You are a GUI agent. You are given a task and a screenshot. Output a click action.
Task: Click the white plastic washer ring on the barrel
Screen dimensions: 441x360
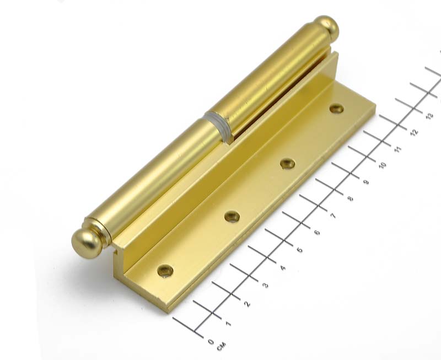click(218, 127)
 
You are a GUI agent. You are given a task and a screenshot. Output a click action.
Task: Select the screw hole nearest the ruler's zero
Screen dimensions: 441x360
click(165, 271)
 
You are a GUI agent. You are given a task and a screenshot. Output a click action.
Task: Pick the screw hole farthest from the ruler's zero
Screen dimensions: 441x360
click(336, 109)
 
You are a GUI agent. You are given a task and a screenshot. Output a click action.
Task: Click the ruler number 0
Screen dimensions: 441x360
click(211, 342)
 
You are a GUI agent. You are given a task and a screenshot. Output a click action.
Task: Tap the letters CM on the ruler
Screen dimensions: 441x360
click(221, 347)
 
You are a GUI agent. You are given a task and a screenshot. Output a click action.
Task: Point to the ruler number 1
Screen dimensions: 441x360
click(228, 324)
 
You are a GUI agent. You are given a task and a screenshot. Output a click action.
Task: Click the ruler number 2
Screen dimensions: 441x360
click(247, 304)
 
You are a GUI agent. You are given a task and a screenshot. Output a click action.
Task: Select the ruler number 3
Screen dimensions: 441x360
click(265, 286)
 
